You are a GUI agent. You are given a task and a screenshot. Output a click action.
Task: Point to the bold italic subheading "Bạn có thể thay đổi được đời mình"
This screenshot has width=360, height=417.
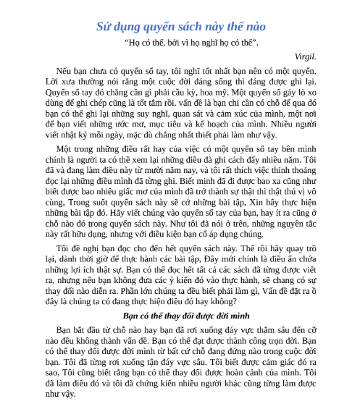point(180,316)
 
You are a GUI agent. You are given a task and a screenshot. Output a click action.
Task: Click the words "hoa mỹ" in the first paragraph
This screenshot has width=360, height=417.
point(262,93)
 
